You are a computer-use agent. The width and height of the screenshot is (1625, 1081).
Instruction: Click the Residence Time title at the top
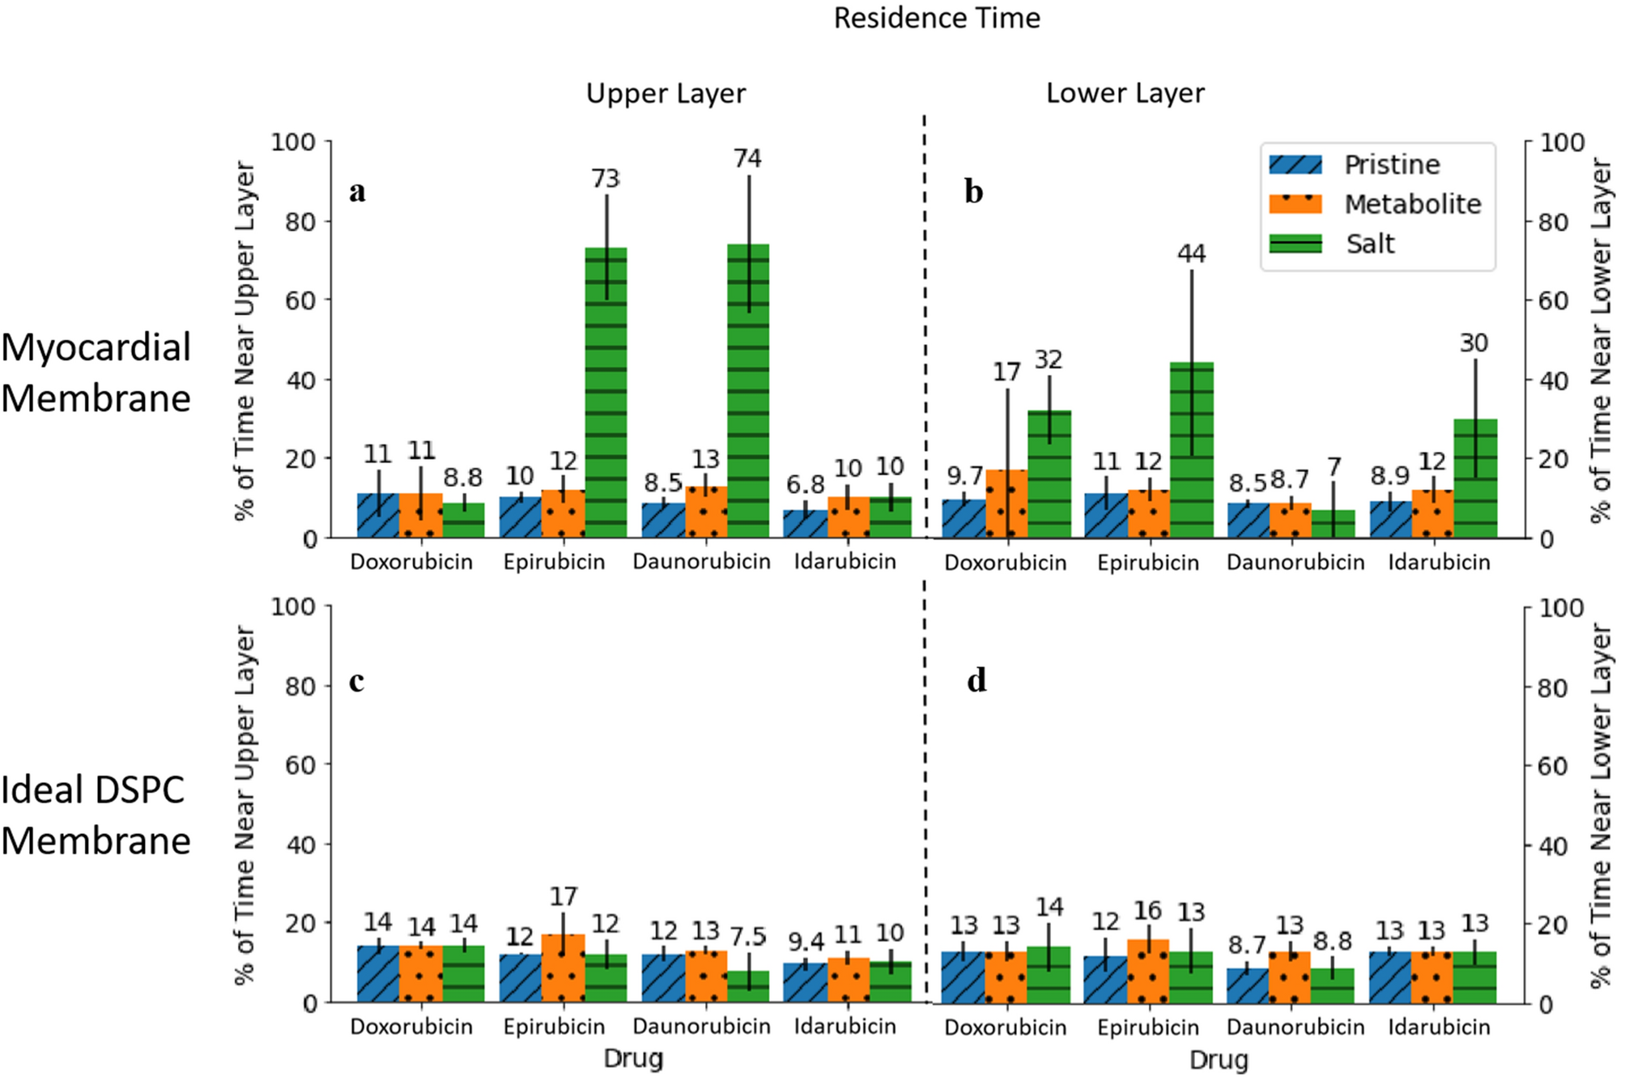click(937, 19)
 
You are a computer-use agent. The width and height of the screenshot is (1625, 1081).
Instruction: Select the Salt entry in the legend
click(1370, 244)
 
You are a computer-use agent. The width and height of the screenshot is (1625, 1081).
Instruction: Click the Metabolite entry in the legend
click(1412, 204)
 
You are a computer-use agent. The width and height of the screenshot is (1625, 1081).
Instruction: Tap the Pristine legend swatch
click(1295, 165)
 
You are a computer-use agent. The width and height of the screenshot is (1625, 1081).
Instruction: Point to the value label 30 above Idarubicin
click(1474, 343)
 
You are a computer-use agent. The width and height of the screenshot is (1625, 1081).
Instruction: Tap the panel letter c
click(356, 682)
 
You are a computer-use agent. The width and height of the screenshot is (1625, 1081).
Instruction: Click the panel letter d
click(976, 681)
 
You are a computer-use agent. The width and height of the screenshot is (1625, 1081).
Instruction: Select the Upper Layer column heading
click(666, 94)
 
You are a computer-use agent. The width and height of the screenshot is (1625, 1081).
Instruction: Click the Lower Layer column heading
click(1125, 94)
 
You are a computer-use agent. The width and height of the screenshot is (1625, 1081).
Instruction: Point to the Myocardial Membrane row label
click(96, 372)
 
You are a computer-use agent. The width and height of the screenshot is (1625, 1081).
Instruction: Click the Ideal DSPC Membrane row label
click(96, 815)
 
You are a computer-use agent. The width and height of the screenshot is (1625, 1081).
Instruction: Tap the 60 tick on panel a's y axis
click(300, 300)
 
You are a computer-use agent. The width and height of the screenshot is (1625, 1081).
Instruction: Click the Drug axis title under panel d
click(1219, 1060)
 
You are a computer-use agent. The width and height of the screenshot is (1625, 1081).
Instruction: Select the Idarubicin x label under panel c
click(844, 1027)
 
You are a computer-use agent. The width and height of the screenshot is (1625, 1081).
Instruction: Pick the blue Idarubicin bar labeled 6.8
click(805, 524)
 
